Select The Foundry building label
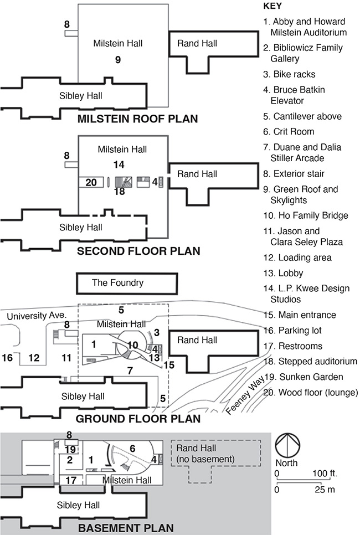click(117, 283)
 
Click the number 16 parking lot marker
click(8, 358)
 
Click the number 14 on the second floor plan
click(119, 164)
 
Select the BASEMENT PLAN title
click(126, 528)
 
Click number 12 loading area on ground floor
click(34, 358)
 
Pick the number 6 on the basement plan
click(132, 447)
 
